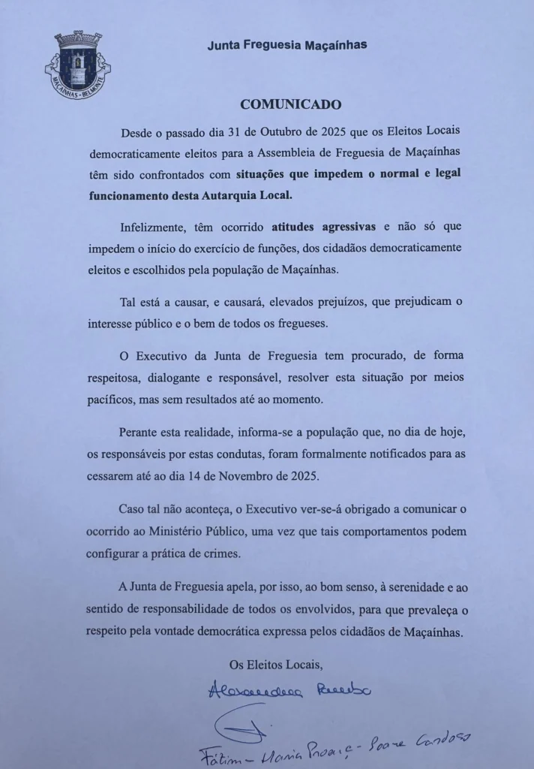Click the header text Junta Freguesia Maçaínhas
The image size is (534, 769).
(x=287, y=45)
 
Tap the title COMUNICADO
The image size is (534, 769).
(x=290, y=104)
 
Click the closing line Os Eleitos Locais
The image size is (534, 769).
(x=276, y=664)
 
